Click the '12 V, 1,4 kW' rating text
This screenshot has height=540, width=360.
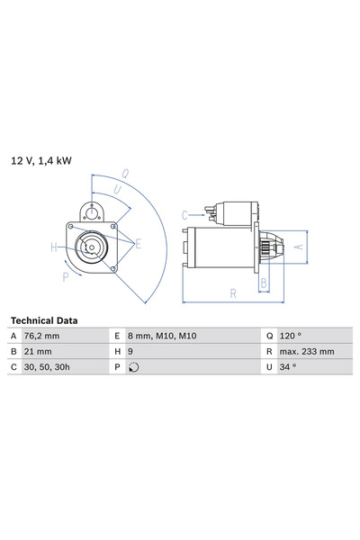[x=40, y=161]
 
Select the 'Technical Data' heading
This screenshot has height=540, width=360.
[x=43, y=320]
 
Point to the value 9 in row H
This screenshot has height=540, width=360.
[x=131, y=352]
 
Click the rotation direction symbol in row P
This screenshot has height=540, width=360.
[x=134, y=368]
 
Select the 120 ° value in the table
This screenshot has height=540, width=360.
[x=290, y=336]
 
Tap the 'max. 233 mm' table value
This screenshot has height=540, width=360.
[x=307, y=352]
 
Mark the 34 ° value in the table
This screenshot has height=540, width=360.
[x=287, y=368]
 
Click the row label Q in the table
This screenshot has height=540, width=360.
[x=268, y=336]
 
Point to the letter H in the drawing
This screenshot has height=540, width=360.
[x=54, y=247]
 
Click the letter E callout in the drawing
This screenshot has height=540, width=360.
[x=137, y=244]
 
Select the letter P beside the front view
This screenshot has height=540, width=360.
[x=65, y=277]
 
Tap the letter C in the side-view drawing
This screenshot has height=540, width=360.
[x=184, y=214]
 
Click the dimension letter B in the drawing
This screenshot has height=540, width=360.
[x=263, y=283]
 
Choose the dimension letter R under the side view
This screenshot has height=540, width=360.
[x=232, y=293]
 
